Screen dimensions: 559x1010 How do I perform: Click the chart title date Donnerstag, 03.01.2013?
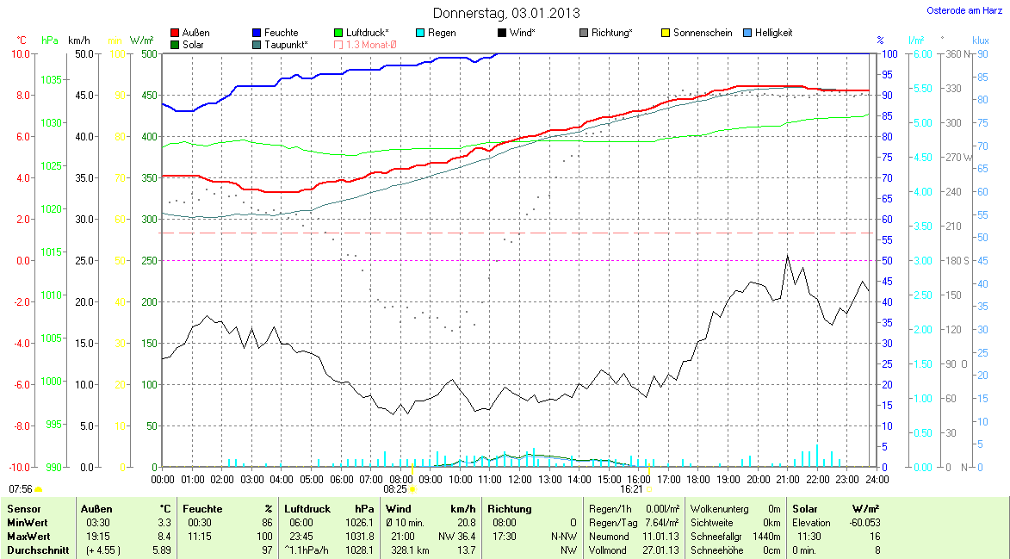pos(506,13)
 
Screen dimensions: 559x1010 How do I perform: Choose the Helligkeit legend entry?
pos(773,33)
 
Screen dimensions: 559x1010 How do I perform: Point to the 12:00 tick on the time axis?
pos(520,479)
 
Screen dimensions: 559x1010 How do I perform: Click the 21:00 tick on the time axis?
pos(788,479)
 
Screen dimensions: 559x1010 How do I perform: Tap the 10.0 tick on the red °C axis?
pos(20,53)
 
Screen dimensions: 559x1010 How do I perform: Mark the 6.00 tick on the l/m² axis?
pos(921,53)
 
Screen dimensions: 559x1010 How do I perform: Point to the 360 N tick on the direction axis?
pos(956,53)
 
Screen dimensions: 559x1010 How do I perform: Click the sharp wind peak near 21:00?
pos(787,256)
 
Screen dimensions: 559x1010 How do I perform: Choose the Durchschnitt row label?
pos(37,550)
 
